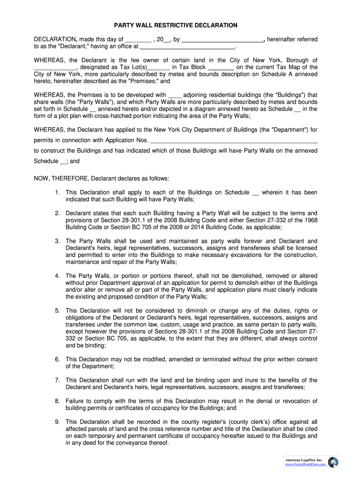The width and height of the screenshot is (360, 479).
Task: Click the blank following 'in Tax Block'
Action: click(221, 67)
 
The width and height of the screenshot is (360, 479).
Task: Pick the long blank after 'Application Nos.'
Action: click(235, 141)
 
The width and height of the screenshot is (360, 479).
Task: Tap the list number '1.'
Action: click(57, 192)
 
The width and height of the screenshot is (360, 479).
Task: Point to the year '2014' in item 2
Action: click(206, 227)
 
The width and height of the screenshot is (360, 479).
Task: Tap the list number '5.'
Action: click(57, 311)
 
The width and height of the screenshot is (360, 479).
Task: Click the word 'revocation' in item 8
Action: click(296, 401)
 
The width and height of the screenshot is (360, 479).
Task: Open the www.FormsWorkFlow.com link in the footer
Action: click(304, 464)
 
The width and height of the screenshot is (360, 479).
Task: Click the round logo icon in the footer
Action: click(333, 462)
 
